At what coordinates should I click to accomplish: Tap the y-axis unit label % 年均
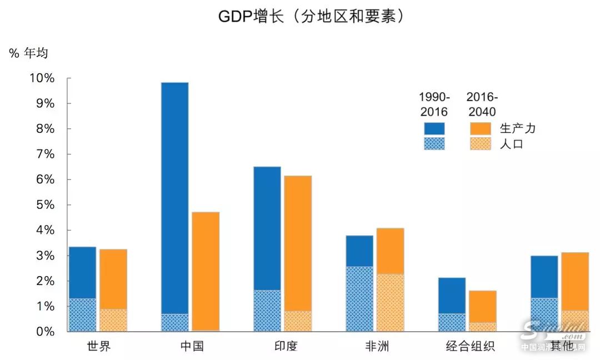coord(28,53)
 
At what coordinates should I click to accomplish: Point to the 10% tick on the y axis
coord(42,78)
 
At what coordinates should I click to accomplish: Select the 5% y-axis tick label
coord(44,205)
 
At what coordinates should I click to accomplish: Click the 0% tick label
coord(44,332)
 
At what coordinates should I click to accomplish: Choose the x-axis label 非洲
coord(377,347)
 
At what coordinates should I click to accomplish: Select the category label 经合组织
coord(470,347)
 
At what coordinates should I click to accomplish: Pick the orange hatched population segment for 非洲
coord(390,303)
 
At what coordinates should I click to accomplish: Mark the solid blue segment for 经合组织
coord(452,296)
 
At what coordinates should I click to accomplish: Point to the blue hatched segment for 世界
coord(82,315)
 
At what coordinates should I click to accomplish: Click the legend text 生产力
coord(517,128)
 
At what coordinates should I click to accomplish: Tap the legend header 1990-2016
coord(434,104)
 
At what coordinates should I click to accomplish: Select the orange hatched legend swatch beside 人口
coord(481,144)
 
